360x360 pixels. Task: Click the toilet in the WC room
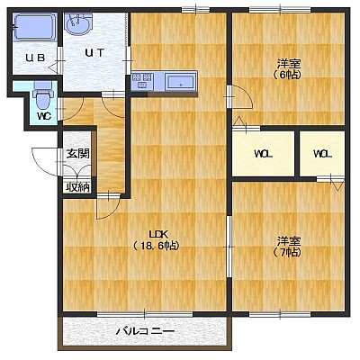coord(43,96)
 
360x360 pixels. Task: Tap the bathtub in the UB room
coord(34,27)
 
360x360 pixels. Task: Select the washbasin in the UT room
coord(78,24)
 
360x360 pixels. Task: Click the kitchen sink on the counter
coord(181,81)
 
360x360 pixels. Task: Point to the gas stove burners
coord(142,81)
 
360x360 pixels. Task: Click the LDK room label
coord(156,234)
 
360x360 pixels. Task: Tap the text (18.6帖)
coord(156,246)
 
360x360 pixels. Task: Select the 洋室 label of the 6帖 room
coord(289,64)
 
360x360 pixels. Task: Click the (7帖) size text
coord(287,253)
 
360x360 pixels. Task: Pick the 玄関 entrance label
coord(78,154)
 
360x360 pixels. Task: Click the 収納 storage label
coord(78,188)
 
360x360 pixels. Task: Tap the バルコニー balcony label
coord(145,331)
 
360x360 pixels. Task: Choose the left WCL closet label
coord(264,155)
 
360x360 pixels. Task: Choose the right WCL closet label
coord(322,155)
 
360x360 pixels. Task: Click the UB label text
coord(35,58)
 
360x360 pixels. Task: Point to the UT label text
coord(94,53)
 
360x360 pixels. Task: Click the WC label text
coord(44,116)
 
